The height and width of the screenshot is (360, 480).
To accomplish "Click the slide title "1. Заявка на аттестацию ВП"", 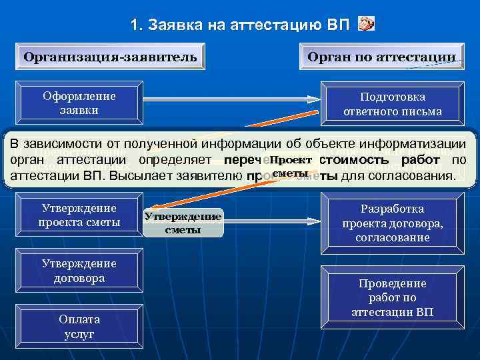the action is coord(239,25).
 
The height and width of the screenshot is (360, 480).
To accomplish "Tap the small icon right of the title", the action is coord(366,25).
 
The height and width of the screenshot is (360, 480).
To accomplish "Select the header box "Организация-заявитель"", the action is coord(110,56).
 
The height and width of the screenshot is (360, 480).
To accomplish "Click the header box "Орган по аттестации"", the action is coord(381,57).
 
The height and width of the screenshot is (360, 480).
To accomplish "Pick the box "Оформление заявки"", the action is coord(79,103).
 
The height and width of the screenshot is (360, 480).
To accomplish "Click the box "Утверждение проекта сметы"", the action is coord(79,215).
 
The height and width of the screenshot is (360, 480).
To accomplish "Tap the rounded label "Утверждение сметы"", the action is coord(183,224).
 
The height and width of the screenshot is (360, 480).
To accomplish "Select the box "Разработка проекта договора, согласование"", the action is coord(392,223).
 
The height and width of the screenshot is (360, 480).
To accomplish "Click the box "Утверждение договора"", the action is coord(79,271).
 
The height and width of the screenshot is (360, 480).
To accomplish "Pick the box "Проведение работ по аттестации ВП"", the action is coord(392,297).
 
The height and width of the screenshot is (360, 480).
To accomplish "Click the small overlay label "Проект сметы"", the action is coord(290,167).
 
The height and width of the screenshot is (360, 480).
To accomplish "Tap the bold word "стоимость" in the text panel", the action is coord(349,160).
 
